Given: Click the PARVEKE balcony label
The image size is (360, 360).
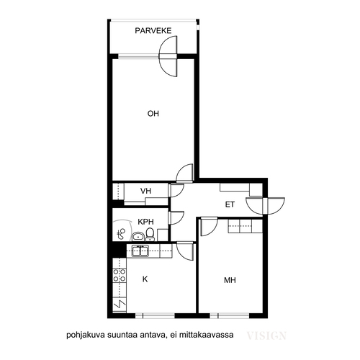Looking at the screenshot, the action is [x=153, y=31].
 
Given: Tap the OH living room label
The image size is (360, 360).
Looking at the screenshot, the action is [x=153, y=114].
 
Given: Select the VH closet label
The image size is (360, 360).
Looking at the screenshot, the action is [x=145, y=191].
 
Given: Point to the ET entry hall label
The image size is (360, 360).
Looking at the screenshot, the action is [x=230, y=204].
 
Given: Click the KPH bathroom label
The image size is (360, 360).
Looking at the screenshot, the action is [x=145, y=222].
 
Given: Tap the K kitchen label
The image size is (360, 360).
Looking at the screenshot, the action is [x=145, y=279].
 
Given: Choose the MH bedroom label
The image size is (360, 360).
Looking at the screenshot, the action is [x=230, y=280].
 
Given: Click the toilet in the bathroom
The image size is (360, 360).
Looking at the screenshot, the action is [x=150, y=234].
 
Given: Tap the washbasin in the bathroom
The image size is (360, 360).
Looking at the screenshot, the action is [x=138, y=236].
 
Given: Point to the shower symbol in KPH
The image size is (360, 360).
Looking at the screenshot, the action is [x=121, y=234].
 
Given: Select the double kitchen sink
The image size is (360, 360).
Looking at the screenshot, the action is [x=140, y=251].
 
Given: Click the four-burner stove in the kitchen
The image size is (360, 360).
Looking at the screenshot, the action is [x=120, y=275].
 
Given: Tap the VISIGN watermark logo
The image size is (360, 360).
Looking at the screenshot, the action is [x=266, y=336].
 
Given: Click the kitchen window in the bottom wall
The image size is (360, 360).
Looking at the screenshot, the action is [x=155, y=315].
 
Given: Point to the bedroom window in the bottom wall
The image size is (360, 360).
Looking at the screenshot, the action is [x=230, y=315].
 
